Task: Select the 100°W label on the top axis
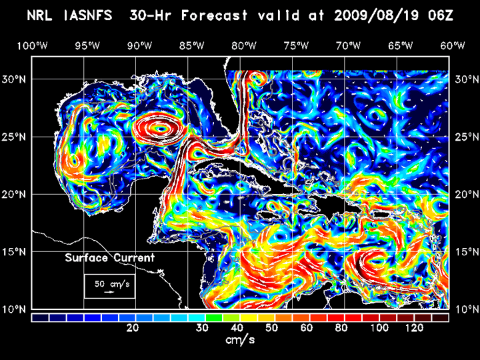click(x=31, y=45)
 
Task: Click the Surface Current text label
click(x=109, y=258)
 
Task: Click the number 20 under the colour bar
click(x=133, y=328)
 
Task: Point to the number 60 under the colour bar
click(x=306, y=328)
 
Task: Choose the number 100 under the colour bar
click(x=378, y=328)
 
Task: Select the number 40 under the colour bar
click(x=237, y=328)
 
